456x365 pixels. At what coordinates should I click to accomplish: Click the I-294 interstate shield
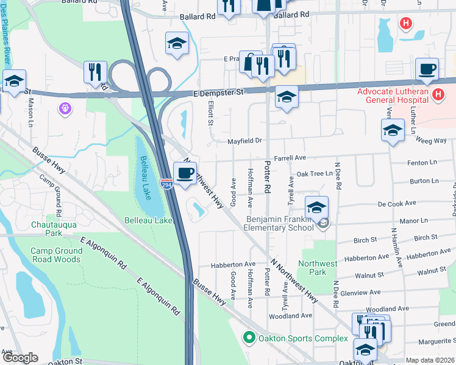point(166,183)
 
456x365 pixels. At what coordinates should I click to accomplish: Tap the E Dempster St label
point(218,92)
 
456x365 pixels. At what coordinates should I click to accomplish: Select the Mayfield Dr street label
point(244,141)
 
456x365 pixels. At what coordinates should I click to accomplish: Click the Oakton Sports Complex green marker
point(248,337)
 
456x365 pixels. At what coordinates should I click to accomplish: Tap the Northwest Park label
point(317,268)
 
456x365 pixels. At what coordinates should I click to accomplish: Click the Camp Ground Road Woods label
point(57,255)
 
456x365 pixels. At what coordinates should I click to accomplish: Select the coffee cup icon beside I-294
point(185,173)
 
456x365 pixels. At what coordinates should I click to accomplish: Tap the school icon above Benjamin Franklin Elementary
point(316,208)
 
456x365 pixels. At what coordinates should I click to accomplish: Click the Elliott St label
point(211,113)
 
